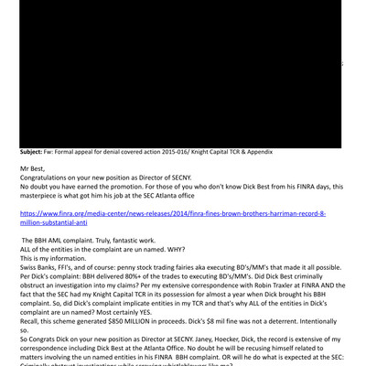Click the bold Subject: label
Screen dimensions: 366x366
(38, 152)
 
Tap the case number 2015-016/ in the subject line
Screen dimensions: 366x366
(192, 152)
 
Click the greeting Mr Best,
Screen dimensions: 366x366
(37, 169)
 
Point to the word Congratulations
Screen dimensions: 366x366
(50, 178)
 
